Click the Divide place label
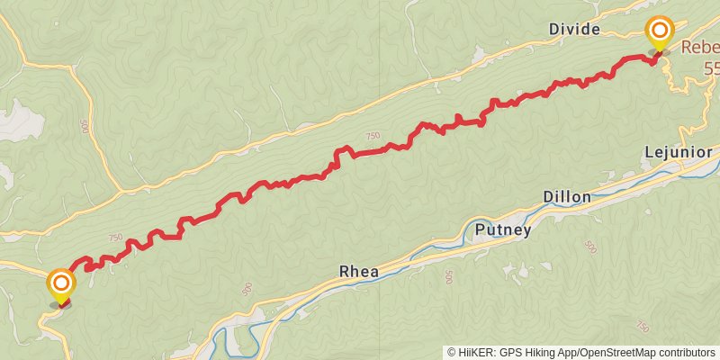pyautogui.click(x=574, y=30)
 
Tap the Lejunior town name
pyautogui.click(x=679, y=153)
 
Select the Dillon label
pyautogui.click(x=567, y=196)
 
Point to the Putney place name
pyautogui.click(x=503, y=230)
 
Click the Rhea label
pyautogui.click(x=359, y=271)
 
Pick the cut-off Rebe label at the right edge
pyautogui.click(x=699, y=48)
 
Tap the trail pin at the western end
pyautogui.click(x=61, y=285)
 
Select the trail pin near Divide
pyautogui.click(x=660, y=33)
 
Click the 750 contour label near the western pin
pyautogui.click(x=114, y=238)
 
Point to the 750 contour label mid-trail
pyautogui.click(x=373, y=136)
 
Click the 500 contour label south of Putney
pyautogui.click(x=448, y=278)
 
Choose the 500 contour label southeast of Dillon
pyautogui.click(x=589, y=247)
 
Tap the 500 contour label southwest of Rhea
pyautogui.click(x=247, y=289)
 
